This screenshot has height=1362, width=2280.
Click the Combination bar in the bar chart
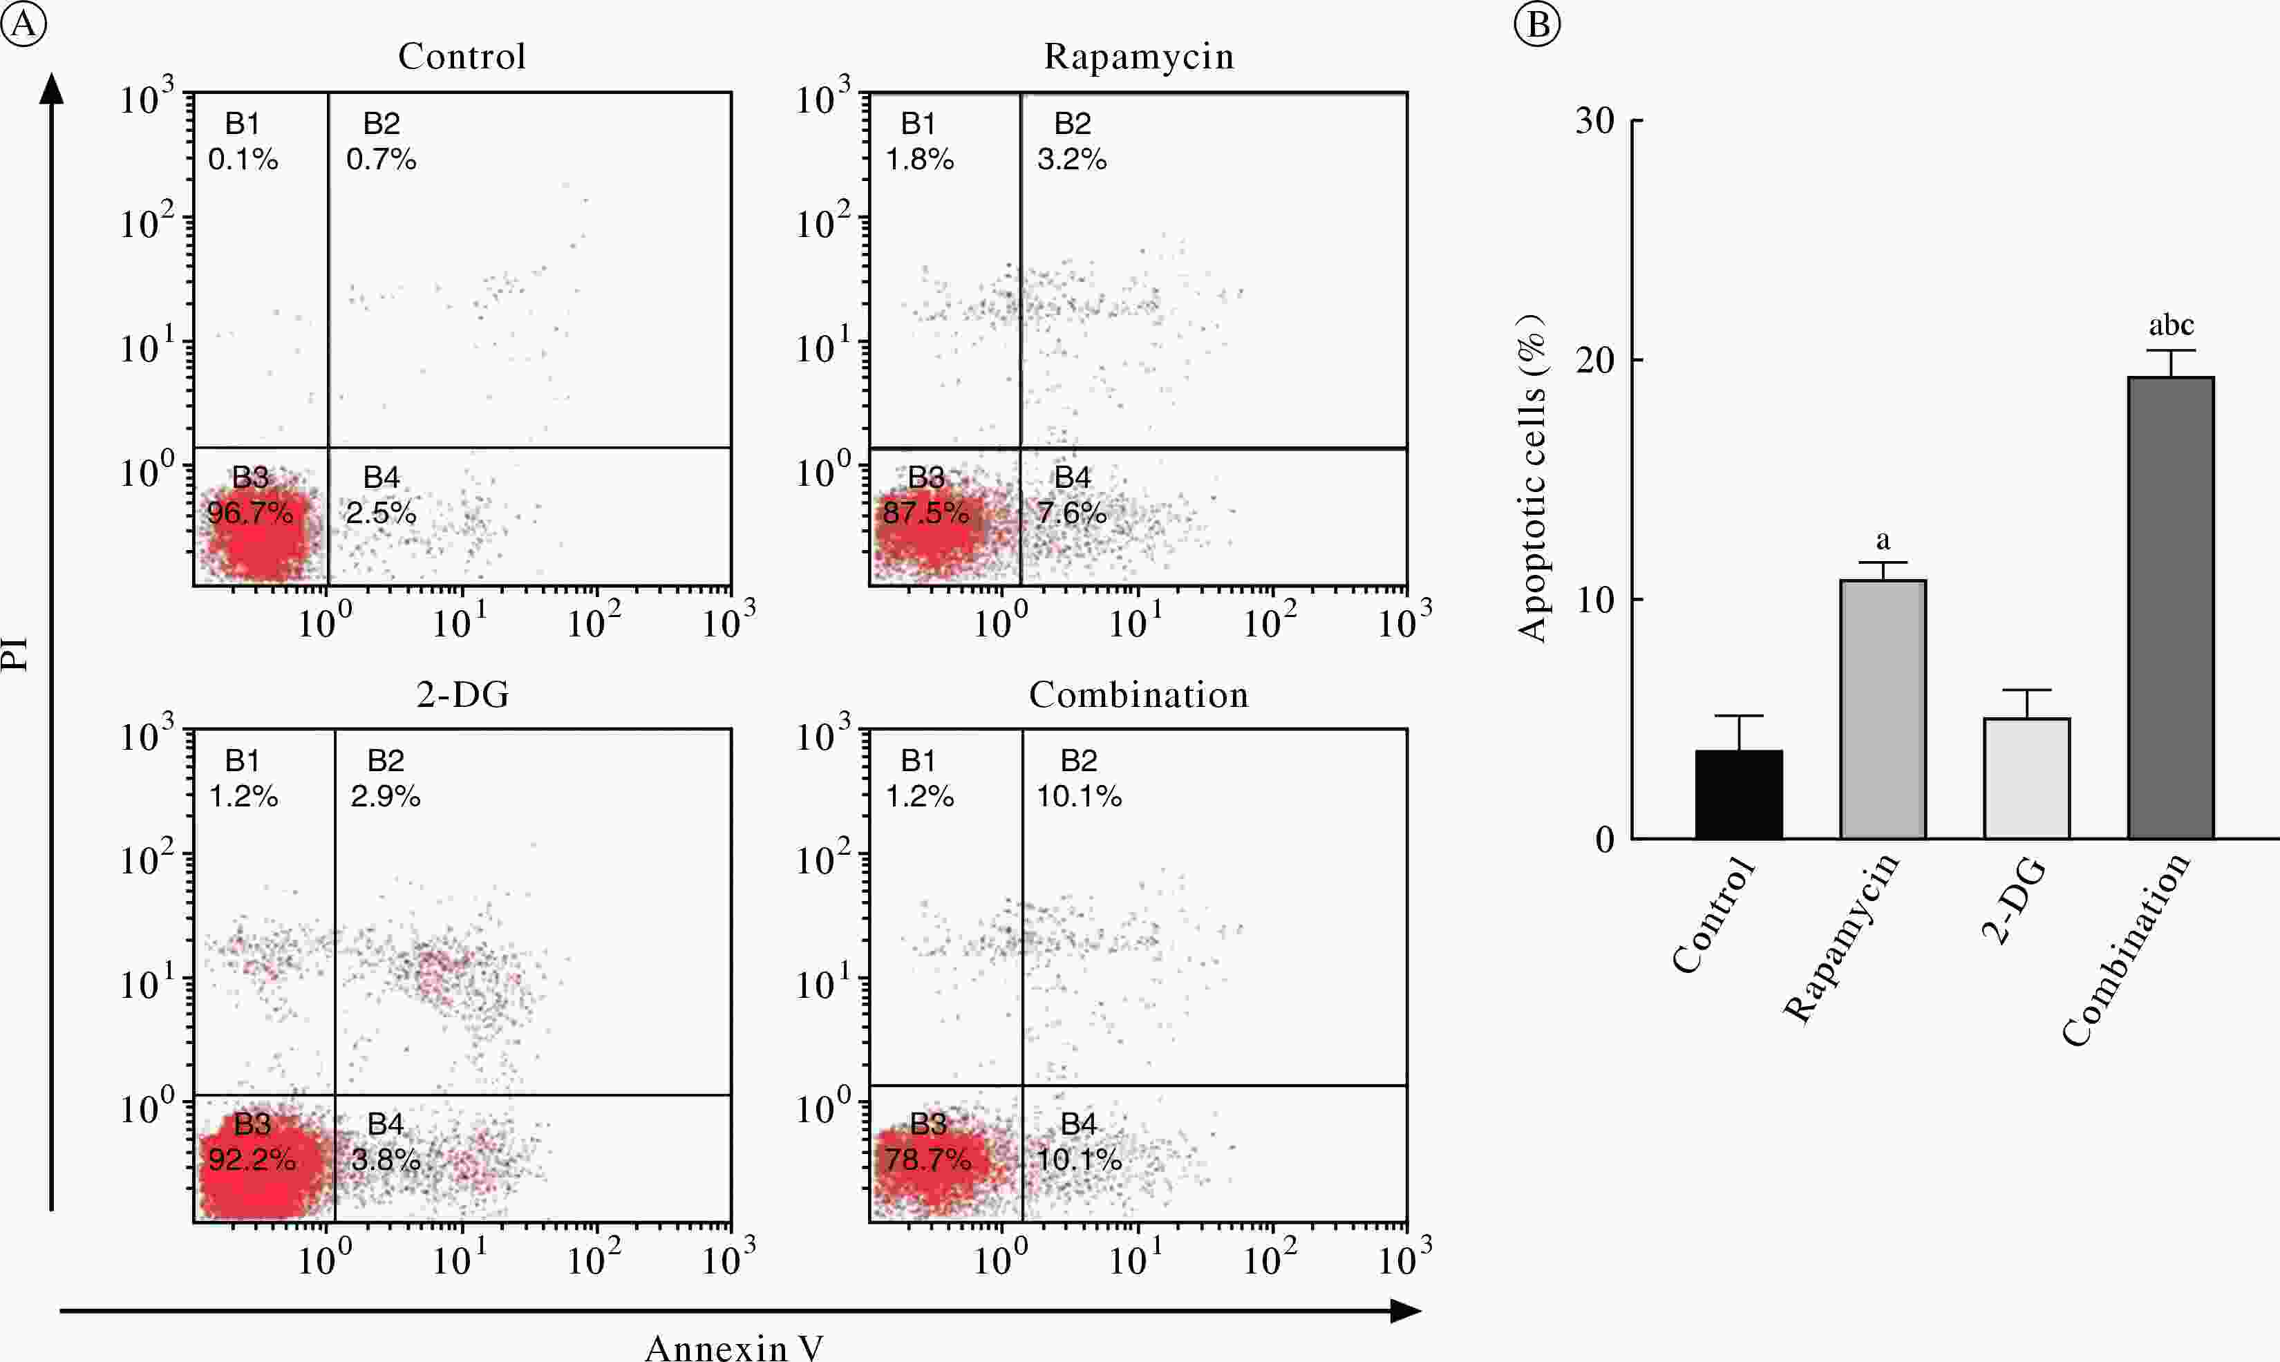point(2170,607)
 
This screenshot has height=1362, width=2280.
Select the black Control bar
point(1738,794)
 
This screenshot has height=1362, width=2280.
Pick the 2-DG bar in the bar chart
point(2026,778)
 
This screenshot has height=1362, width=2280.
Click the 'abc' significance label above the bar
point(2171,325)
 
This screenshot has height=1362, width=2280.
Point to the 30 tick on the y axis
point(1595,120)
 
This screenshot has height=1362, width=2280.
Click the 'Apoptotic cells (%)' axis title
point(1531,477)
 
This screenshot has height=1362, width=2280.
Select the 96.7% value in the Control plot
point(249,512)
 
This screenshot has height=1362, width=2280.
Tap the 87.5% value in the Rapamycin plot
point(925,512)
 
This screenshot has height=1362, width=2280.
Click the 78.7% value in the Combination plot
point(927,1159)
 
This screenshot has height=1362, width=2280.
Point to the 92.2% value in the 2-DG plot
point(252,1159)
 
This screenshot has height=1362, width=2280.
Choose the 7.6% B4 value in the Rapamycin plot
point(1071,512)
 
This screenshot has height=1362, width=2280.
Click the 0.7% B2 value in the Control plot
point(381,159)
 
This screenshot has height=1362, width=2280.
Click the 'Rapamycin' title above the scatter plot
point(1138,57)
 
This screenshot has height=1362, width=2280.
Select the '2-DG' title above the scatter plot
point(462,694)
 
